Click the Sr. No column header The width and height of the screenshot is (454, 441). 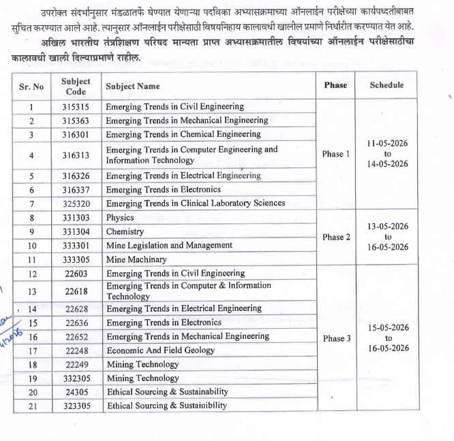point(31,86)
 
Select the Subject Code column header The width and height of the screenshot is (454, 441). point(75,86)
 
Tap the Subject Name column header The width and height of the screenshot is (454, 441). point(133,86)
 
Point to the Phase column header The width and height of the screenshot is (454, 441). point(335,85)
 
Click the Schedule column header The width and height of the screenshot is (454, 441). point(387,85)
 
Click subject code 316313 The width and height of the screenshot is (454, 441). point(75,155)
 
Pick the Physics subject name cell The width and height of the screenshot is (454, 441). point(120,218)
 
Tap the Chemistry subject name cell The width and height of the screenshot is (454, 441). point(125,231)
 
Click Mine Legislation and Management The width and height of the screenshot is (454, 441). point(169,245)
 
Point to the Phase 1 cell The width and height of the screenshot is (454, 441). point(335,154)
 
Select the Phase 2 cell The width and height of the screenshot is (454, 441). point(335,237)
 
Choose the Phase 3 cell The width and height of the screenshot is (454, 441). point(335,338)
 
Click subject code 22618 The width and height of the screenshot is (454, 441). point(75,291)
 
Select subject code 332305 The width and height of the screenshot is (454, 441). point(75,378)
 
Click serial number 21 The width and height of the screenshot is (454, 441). point(32,406)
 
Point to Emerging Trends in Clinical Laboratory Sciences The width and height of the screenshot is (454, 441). point(196,203)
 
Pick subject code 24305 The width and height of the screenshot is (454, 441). point(75,393)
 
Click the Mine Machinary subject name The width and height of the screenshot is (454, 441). point(136,259)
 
